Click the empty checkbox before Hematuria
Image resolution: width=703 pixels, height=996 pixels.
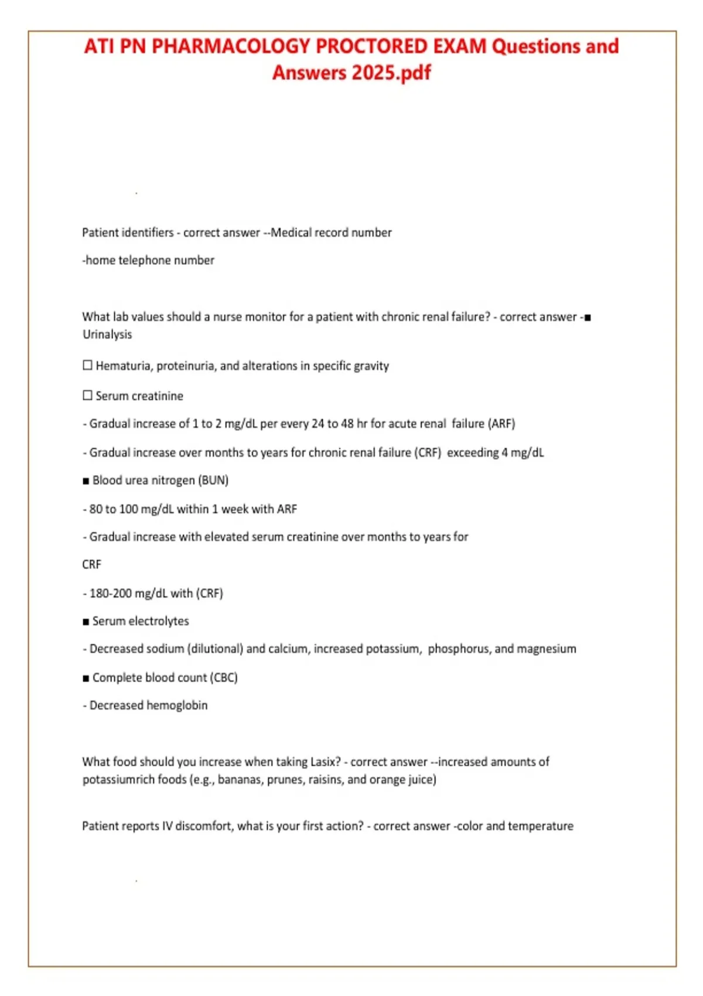[87, 366]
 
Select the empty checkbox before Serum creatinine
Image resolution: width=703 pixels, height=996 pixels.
[87, 395]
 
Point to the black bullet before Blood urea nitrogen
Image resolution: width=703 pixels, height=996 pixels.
[86, 481]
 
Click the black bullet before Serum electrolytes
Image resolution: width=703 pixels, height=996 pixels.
[86, 622]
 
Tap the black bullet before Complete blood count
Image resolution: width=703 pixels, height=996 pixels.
[86, 678]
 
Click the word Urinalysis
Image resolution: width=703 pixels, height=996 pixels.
[107, 335]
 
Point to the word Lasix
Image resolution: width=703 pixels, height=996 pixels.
[324, 762]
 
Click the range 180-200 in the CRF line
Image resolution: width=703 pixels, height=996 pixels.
[110, 593]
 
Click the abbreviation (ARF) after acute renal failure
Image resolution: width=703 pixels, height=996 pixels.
[501, 424]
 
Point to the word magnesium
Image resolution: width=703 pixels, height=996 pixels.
[548, 649]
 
